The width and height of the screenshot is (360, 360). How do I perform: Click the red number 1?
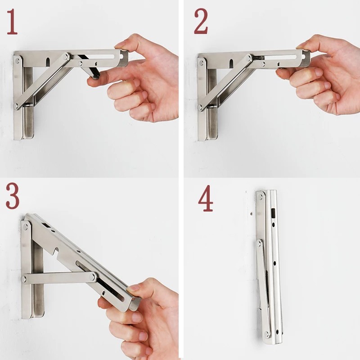(12, 22)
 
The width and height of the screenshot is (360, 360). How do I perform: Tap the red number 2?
(201, 21)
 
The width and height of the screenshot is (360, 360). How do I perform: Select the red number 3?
(13, 196)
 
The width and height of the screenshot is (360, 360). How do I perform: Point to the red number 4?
(206, 198)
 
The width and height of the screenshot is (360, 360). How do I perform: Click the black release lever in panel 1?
(89, 67)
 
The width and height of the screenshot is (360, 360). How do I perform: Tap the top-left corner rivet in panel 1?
(17, 61)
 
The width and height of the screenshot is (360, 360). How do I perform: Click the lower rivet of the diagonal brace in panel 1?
(17, 106)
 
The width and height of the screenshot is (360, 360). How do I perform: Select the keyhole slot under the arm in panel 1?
(48, 62)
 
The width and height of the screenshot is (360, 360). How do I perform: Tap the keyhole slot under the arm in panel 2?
(231, 63)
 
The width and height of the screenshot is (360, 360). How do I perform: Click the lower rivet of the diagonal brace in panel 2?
(200, 107)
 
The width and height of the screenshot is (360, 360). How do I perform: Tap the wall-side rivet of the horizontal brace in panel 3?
(24, 279)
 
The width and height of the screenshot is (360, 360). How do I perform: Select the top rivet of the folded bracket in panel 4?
(261, 197)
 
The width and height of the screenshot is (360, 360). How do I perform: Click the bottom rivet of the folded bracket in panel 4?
(267, 334)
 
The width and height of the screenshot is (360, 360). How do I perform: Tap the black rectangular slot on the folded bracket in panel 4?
(274, 213)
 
